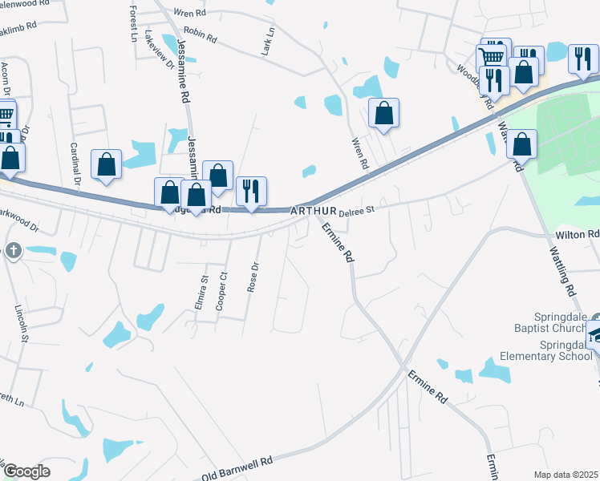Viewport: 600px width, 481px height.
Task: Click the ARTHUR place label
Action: (309, 210)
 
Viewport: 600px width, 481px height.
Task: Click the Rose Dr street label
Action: (255, 277)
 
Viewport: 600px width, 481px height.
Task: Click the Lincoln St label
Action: (23, 323)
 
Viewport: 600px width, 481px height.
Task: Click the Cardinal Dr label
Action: (75, 164)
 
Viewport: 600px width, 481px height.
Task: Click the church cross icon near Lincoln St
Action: (13, 251)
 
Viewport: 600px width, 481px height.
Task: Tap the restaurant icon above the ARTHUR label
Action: (252, 191)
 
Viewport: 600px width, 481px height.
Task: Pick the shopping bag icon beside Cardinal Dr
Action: (106, 164)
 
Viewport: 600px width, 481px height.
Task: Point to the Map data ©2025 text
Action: (566, 475)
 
